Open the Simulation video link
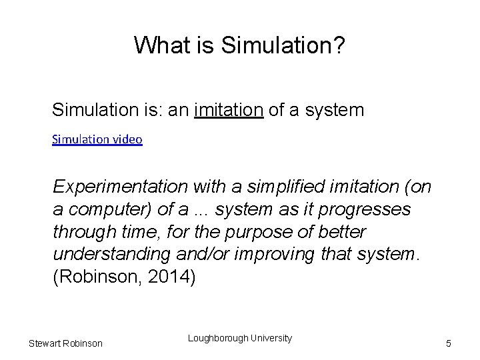pos(97,141)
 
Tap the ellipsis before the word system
pos(200,209)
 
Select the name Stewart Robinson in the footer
pos(65,343)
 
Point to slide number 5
pos(449,343)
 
